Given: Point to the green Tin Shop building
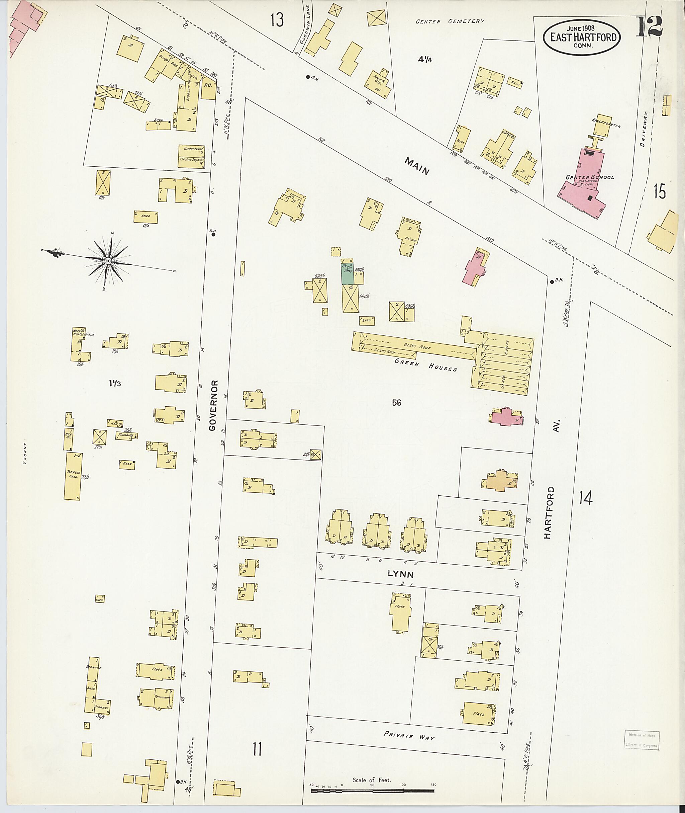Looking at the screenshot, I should click(347, 274).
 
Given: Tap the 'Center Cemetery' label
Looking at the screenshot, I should click(450, 21).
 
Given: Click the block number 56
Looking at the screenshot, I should click(396, 403).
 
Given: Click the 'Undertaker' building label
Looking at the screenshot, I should click(191, 150).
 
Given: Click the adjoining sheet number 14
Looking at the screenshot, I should click(585, 497).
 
